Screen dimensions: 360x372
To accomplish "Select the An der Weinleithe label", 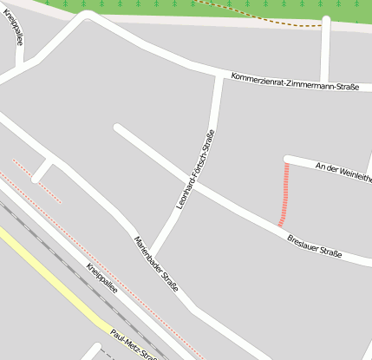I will click(343, 171).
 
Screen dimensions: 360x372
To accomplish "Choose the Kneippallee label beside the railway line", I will click(102, 278).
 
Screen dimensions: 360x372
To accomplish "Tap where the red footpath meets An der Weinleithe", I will click(287, 160).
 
